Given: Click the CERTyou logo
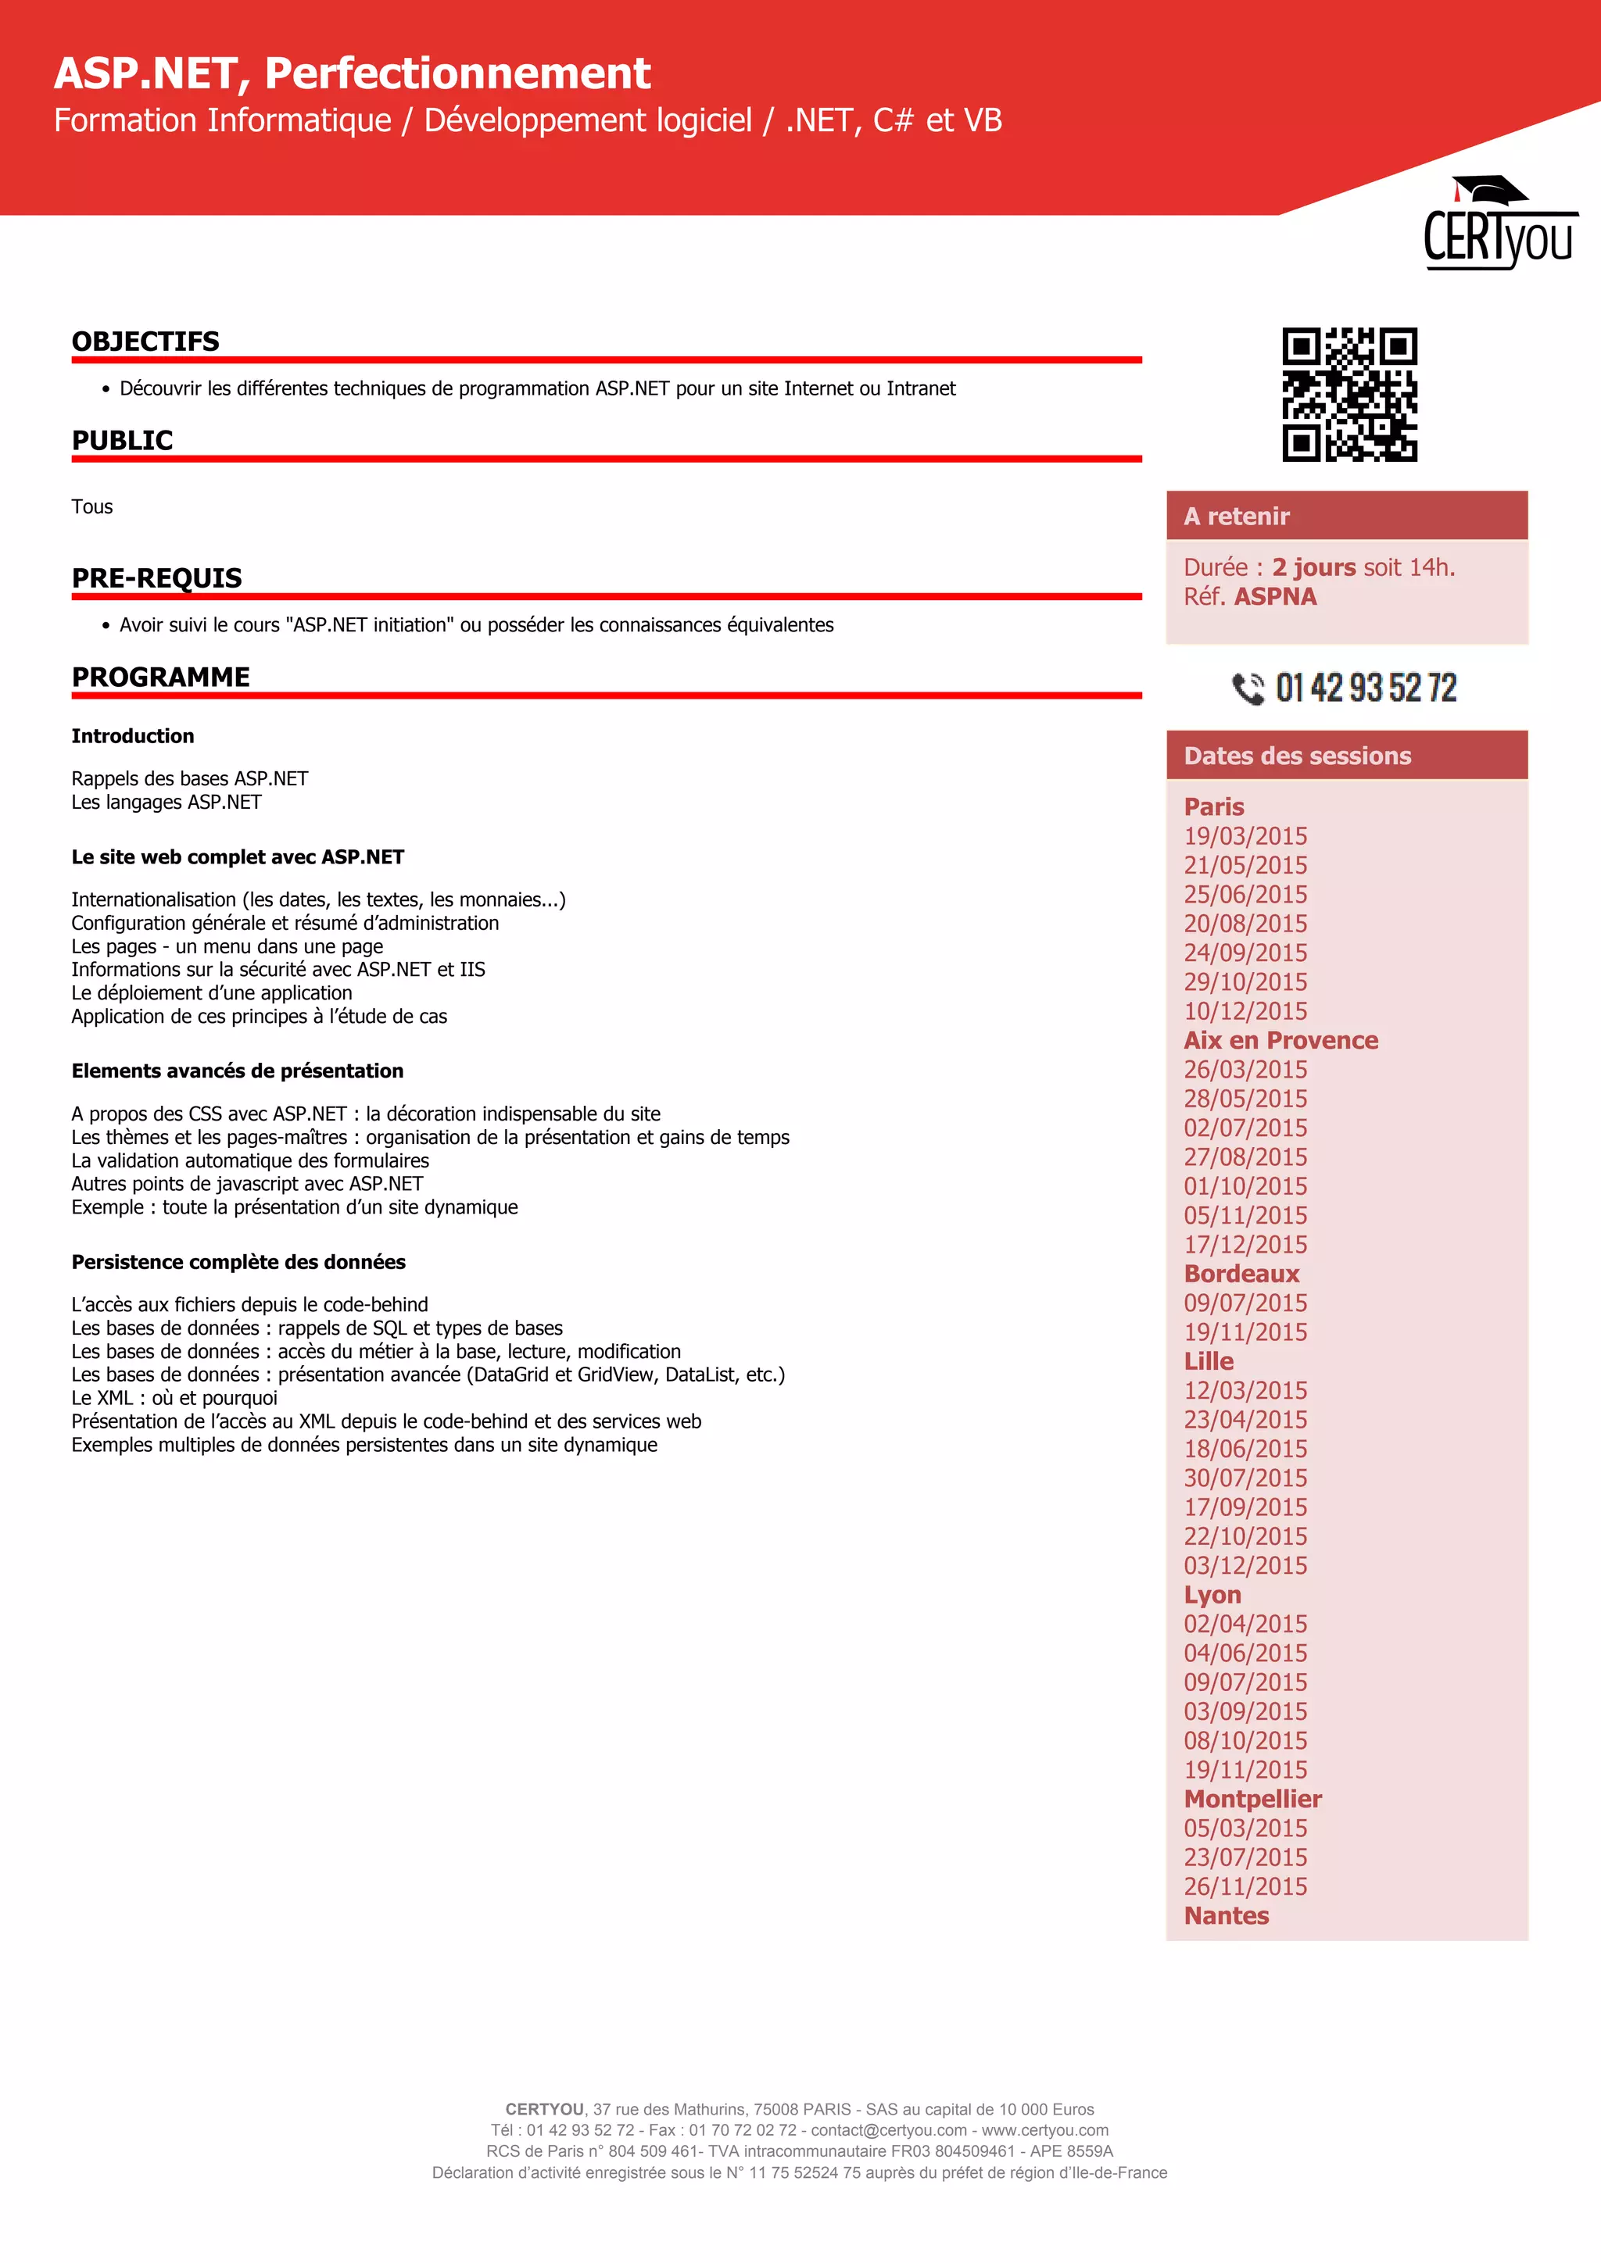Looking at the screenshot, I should pos(1499,225).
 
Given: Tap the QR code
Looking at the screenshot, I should pos(1348,395).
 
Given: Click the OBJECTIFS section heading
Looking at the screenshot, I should pos(146,342).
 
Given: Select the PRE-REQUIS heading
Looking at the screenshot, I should pos(157,578).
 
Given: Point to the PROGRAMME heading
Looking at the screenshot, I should pos(161,677).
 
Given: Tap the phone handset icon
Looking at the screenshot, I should pos(1248,688).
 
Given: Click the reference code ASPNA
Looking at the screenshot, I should pos(1275,597).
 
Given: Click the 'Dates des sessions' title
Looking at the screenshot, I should pos(1298,756).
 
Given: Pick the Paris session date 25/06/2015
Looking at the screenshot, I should pos(1245,895).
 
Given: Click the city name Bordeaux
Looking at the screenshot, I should pos(1241,1275).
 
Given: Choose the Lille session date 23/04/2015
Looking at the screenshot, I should pos(1245,1421).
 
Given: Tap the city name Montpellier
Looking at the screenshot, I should pos(1252,1800).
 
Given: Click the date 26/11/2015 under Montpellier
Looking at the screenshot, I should pos(1245,1887).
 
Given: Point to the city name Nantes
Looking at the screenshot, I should pos(1227,1916).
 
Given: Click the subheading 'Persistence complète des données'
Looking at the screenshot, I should pos(238,1263).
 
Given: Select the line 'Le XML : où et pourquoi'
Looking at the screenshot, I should pos(174,1399).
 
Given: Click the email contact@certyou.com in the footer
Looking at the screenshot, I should pos(888,2130).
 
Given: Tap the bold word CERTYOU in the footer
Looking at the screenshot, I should pos(544,2109).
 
